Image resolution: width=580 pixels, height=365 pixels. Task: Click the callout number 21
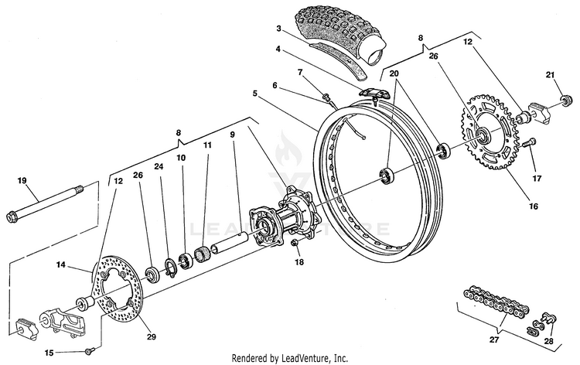[x=550, y=75]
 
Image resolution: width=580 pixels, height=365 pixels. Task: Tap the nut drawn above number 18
[x=295, y=243]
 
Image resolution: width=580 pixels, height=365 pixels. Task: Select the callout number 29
[x=151, y=336]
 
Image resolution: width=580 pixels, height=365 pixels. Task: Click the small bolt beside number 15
[x=89, y=351]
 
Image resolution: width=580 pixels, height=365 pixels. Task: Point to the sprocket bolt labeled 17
[x=530, y=142]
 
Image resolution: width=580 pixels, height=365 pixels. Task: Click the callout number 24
[x=159, y=167]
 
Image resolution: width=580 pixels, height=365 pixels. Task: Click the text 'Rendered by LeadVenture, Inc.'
[x=290, y=358]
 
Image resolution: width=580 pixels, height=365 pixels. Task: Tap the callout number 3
[x=278, y=29]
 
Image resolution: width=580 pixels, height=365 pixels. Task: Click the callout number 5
[x=255, y=94]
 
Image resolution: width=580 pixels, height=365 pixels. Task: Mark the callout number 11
[x=207, y=145]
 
